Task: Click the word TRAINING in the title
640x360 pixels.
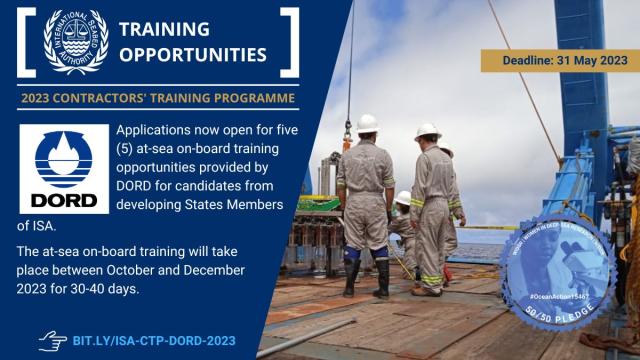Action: click(164, 28)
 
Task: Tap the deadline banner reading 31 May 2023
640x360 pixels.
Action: click(559, 61)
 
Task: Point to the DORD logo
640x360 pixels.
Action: click(63, 168)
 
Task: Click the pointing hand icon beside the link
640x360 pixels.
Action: click(52, 340)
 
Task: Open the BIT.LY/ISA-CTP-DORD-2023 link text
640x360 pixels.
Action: click(154, 341)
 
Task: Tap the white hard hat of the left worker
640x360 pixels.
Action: click(367, 122)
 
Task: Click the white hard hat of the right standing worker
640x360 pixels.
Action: click(428, 131)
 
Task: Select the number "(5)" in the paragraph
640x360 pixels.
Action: click(130, 150)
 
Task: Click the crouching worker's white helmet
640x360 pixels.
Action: click(403, 197)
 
